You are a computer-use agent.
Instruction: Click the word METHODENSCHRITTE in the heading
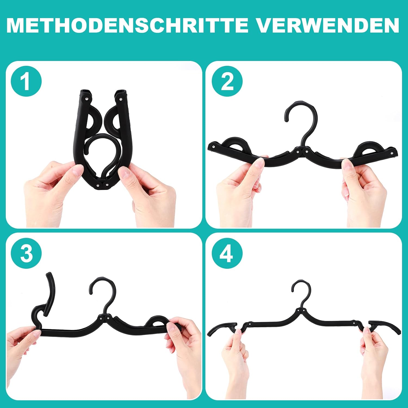tap(127, 25)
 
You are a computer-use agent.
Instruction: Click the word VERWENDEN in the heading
tap(328, 25)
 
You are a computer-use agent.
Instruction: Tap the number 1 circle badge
tap(26, 81)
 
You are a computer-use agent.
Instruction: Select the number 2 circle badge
tap(227, 81)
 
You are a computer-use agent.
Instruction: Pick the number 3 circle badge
tap(26, 254)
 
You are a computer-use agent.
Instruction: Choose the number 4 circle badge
tap(227, 254)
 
